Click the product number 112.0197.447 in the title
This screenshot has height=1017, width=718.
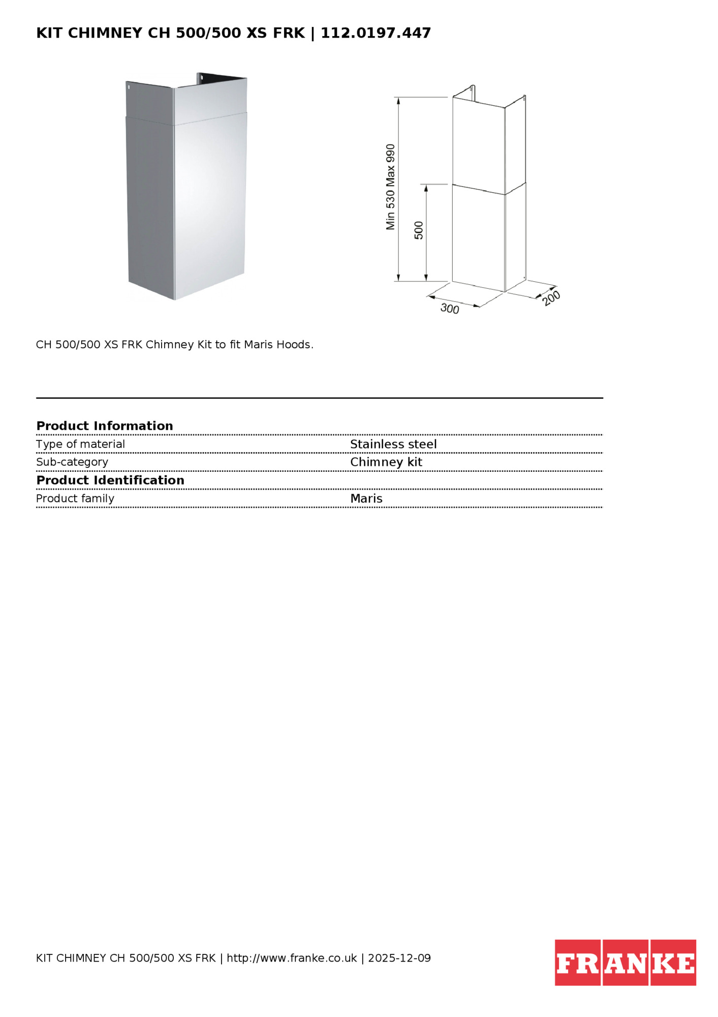(x=376, y=33)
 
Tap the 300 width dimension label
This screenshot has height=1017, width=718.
(x=450, y=308)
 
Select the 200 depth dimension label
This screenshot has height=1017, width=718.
(x=551, y=297)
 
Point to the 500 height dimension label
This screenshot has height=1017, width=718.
(x=419, y=230)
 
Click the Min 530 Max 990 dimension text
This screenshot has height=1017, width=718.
(x=390, y=187)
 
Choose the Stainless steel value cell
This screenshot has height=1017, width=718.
(x=393, y=444)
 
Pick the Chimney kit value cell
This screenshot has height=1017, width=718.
(x=386, y=462)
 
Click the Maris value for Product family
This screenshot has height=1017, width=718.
(x=366, y=498)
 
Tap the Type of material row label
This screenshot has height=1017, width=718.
(x=80, y=444)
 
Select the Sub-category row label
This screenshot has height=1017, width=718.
(x=72, y=462)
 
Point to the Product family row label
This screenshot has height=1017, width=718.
(x=75, y=498)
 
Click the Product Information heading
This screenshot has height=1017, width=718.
(x=105, y=426)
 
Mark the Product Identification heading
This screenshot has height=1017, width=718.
(x=110, y=480)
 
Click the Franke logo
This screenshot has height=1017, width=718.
(x=625, y=963)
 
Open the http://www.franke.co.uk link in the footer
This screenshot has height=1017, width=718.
(x=292, y=958)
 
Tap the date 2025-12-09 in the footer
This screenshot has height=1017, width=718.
(x=399, y=958)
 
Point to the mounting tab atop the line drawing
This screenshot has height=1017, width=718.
(x=472, y=90)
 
